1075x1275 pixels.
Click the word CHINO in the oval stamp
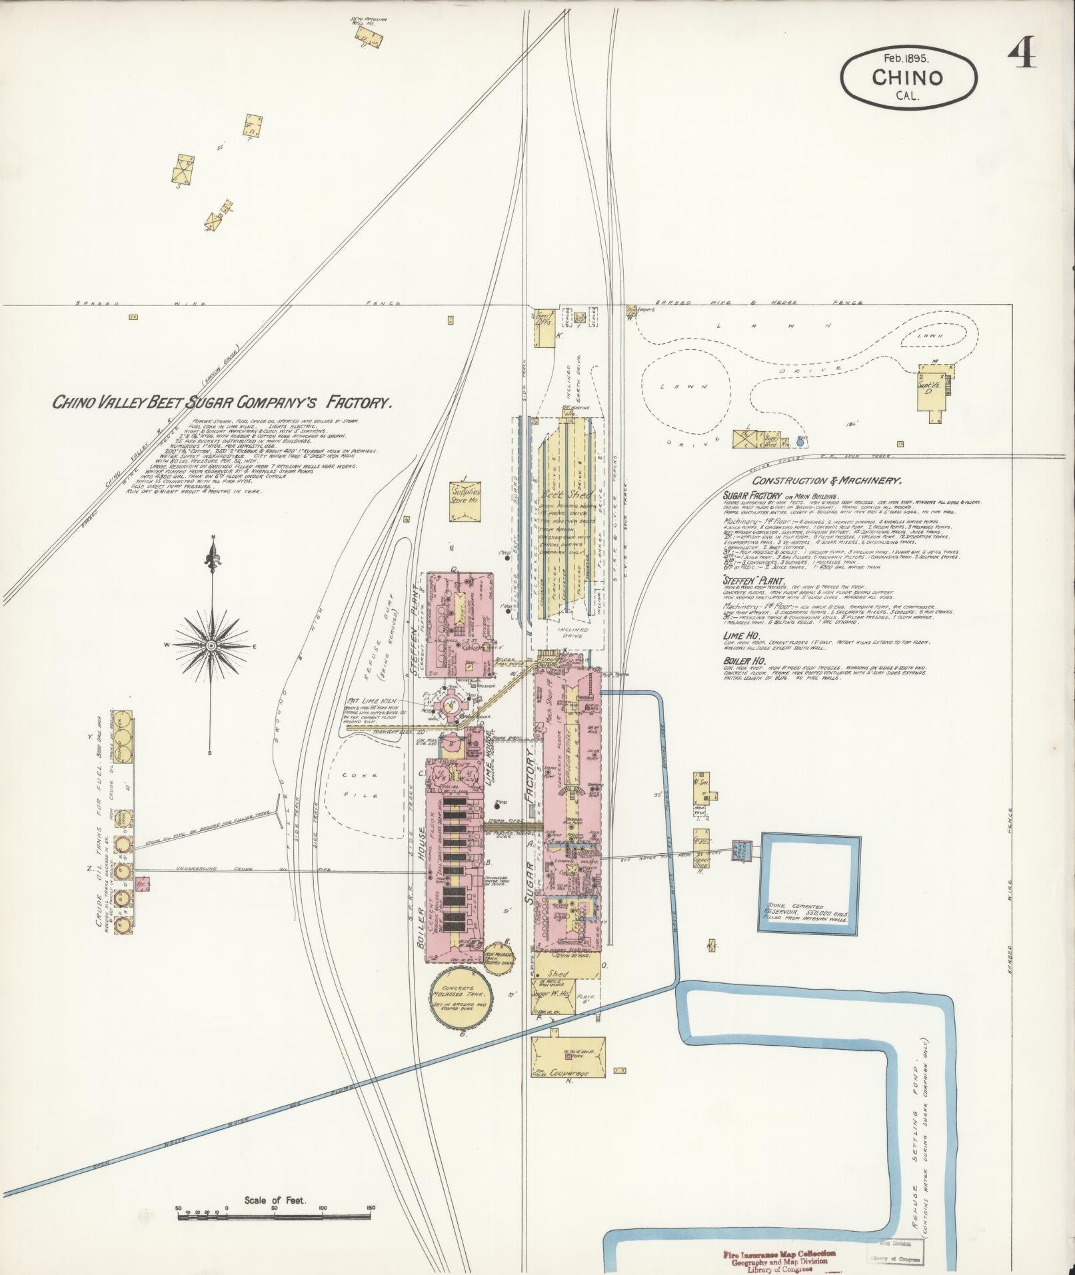point(907,77)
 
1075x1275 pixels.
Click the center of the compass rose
point(211,645)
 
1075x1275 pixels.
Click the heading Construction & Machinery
point(827,481)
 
